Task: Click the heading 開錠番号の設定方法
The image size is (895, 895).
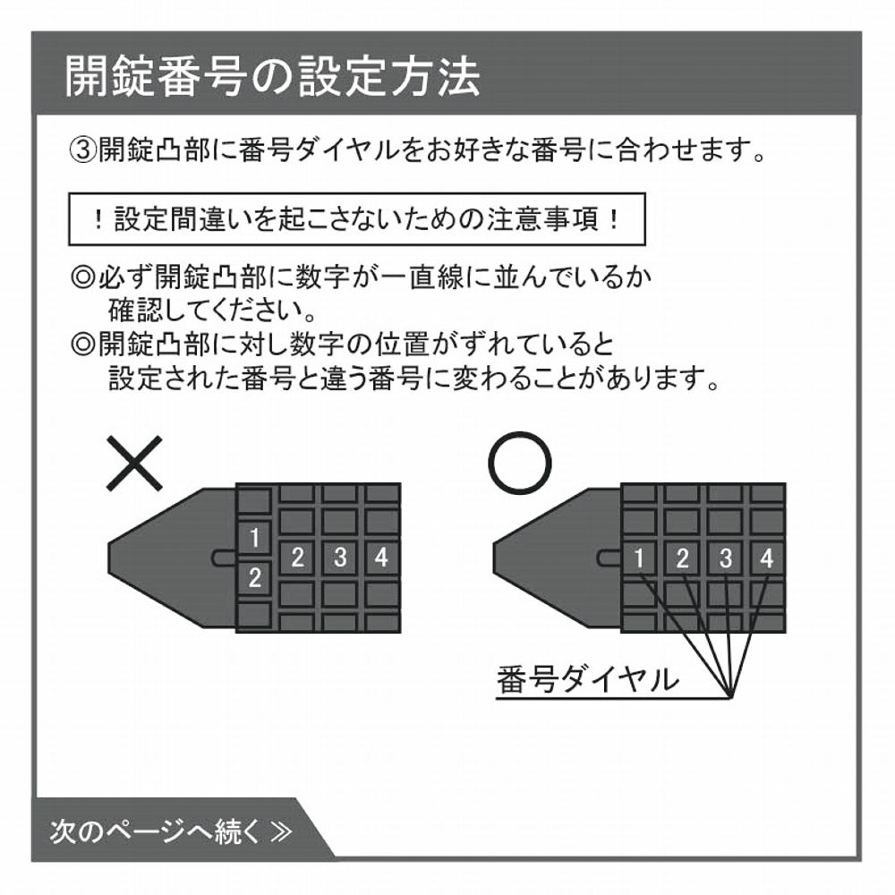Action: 272,78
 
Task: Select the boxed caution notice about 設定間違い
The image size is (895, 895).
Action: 357,220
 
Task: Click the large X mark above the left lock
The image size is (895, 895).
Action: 134,463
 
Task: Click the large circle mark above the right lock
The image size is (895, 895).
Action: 519,463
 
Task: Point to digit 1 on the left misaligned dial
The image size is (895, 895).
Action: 255,538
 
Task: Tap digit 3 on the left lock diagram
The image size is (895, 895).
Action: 340,558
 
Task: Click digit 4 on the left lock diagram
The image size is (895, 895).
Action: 381,558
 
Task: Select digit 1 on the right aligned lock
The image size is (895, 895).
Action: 639,559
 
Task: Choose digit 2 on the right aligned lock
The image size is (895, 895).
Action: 682,559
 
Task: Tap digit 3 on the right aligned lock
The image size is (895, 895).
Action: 725,559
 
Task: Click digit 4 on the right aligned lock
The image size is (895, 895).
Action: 766,559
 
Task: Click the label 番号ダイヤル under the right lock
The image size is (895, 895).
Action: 587,679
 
